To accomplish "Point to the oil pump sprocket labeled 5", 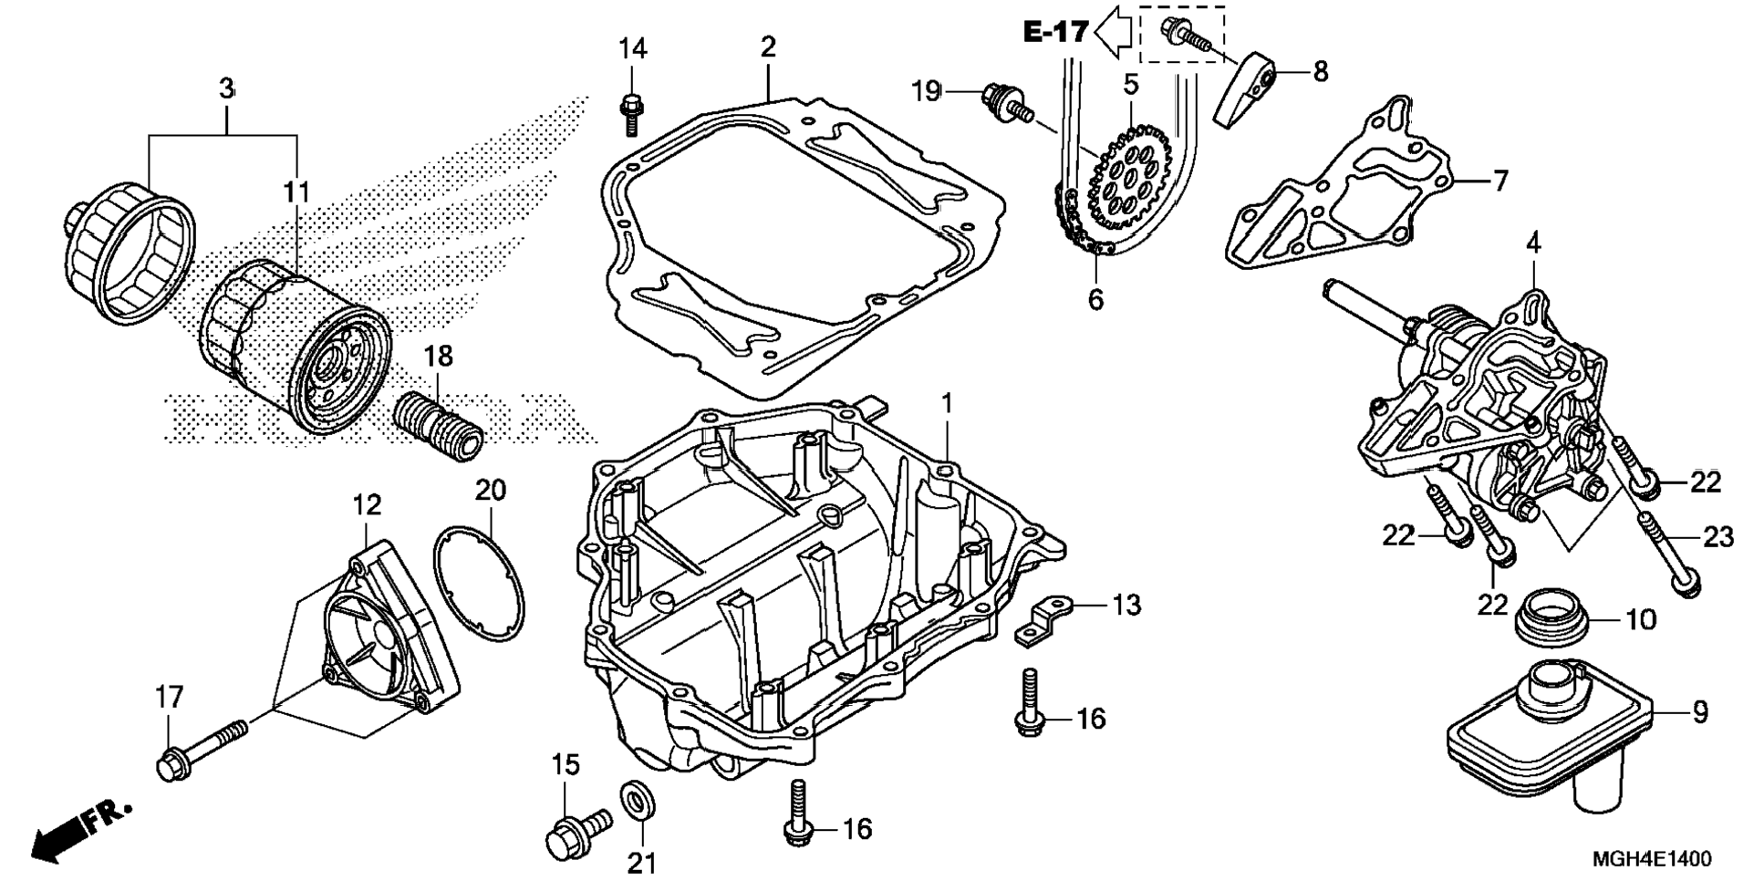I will click(1129, 181).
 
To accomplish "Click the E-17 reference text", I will click(1054, 32).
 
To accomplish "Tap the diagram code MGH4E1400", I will click(1651, 859).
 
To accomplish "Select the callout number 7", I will click(1500, 181).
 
